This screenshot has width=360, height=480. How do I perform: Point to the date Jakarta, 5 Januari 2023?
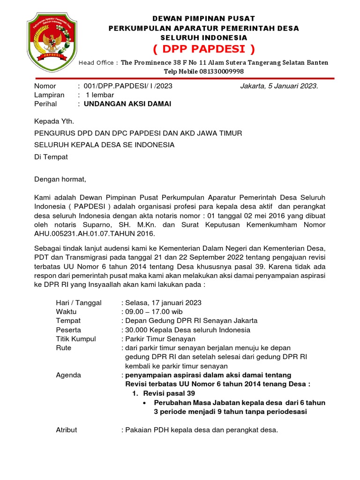(x=279, y=86)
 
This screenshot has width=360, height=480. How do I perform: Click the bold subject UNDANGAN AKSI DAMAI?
(x=127, y=104)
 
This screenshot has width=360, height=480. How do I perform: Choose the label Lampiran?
(x=49, y=95)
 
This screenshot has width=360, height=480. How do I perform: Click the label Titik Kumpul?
(x=76, y=339)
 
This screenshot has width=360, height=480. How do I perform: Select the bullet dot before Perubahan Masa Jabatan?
(x=144, y=403)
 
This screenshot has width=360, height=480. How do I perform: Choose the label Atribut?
(x=67, y=429)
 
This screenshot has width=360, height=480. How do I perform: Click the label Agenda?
(x=68, y=375)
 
